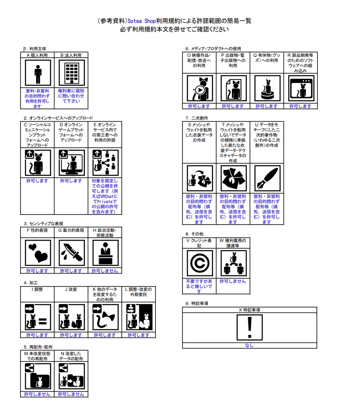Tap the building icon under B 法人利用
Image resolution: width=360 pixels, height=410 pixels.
point(71,73)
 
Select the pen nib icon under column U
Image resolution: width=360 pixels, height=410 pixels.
point(267,178)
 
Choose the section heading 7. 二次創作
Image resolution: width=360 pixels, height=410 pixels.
point(197,118)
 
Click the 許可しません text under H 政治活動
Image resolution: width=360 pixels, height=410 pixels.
point(105,271)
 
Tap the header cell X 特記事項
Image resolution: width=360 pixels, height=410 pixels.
point(250,310)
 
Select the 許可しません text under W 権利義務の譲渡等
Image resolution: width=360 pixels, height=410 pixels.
point(233,281)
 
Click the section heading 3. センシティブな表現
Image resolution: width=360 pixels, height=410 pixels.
point(44,224)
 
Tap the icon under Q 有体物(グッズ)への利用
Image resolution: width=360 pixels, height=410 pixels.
point(267,88)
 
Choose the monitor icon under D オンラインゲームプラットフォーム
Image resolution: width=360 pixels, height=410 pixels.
point(71,162)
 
